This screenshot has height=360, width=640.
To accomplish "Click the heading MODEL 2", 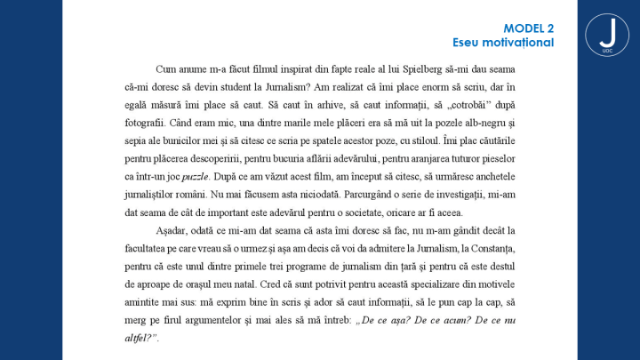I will (528, 29).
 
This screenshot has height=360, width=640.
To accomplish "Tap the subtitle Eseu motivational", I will (503, 43).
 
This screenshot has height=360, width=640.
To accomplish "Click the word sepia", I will (139, 158).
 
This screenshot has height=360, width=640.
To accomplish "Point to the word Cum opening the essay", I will (165, 68).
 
